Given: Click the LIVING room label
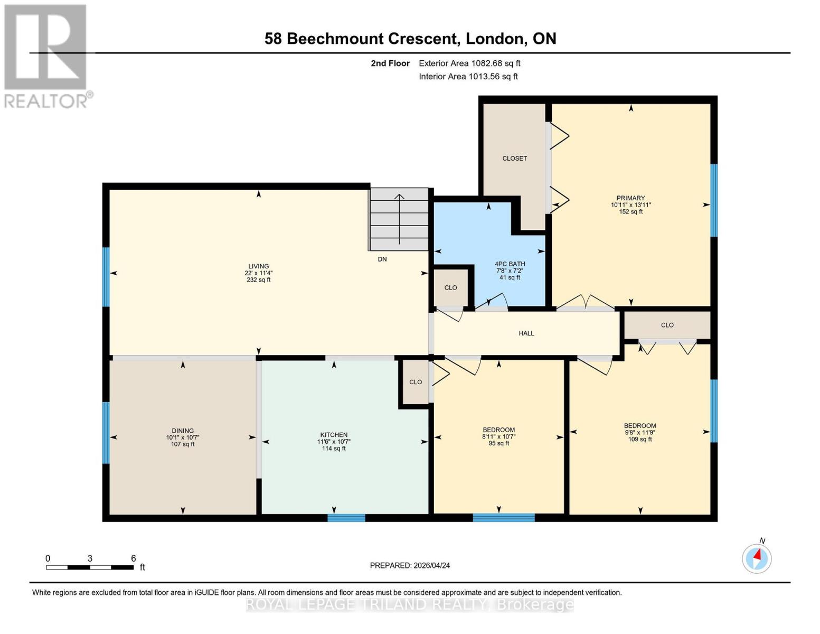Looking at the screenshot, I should pos(259,266).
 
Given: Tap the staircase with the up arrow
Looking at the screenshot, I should pos(399,219).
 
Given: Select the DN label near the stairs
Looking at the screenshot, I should pos(382,259).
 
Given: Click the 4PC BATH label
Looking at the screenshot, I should pos(510,264).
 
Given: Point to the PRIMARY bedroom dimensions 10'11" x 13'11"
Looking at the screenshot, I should pos(631,205).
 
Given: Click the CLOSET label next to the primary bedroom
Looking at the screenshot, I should pos(514,158).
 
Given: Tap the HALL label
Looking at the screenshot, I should pos(526,333).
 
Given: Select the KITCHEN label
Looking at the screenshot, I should pos(334,435).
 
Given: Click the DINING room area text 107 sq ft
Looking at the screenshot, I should pos(183,444).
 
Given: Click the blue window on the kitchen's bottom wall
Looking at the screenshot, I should pos(346,518).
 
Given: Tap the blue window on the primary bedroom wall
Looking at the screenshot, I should pos(714,200).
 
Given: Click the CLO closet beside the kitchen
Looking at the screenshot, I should pos(416,382).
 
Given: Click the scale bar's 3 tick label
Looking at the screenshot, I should pos(90,558).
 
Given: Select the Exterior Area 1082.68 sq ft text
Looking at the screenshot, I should pos(469,63).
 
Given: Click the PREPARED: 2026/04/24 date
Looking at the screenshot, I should pos(410,565).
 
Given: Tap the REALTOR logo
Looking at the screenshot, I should pos(46,55).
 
